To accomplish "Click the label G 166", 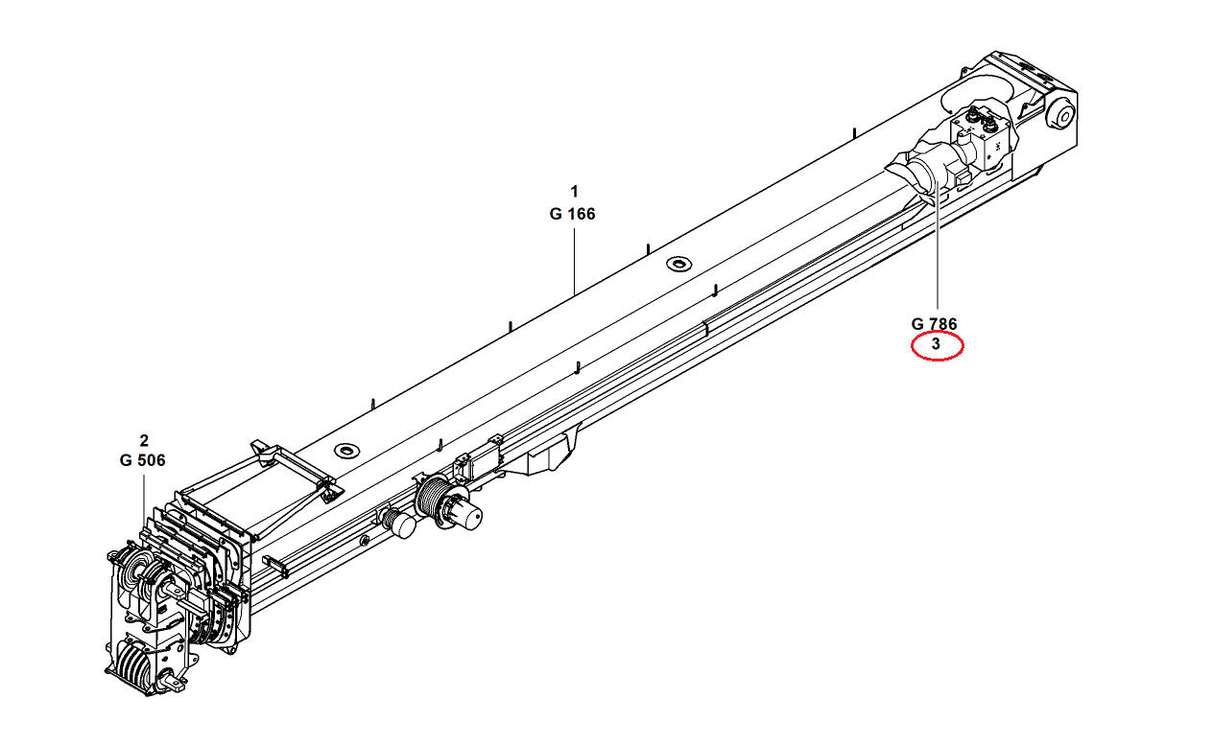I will (573, 214).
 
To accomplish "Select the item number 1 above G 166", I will (574, 190).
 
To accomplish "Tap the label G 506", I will (143, 460).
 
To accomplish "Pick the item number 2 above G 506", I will (144, 441).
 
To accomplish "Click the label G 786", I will (935, 324).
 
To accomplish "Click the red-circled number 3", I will (936, 344).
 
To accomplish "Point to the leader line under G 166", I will (574, 259).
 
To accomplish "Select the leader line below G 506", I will (144, 499).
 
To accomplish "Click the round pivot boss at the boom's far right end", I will (1060, 115).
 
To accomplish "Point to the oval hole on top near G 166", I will (679, 264).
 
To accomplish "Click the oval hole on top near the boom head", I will (345, 449).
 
